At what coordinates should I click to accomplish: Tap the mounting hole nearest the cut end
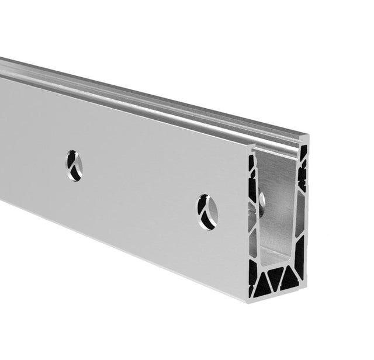coord(207,211)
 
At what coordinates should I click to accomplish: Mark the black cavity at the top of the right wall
coord(303,153)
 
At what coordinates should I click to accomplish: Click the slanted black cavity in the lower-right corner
coord(300,255)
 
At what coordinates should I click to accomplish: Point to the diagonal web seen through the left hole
coord(72,164)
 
